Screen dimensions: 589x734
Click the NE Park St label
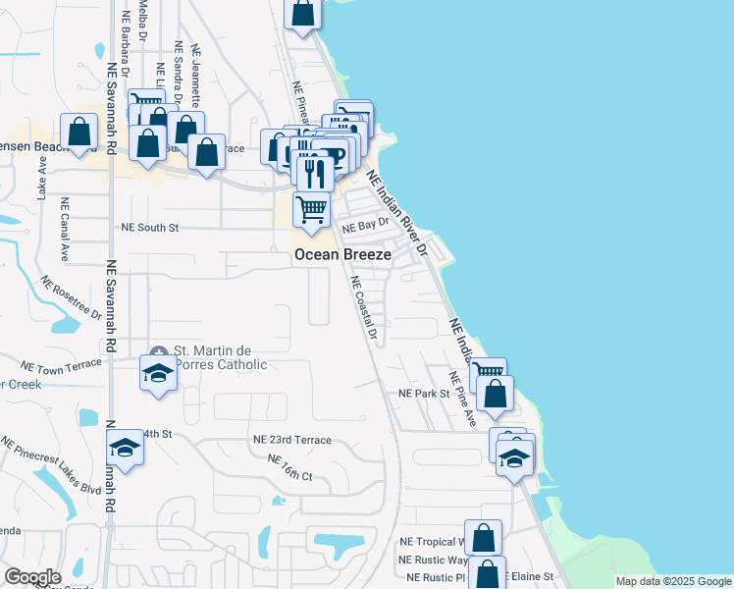coord(423,393)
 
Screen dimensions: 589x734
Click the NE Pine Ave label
coord(462,398)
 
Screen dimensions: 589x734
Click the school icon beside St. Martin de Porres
coord(158,374)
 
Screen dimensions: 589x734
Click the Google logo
coord(32,577)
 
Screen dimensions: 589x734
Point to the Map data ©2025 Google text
coord(674,582)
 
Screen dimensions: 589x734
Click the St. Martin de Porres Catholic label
coord(220,357)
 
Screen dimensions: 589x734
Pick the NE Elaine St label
coord(530,577)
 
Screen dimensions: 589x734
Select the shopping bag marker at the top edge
coord(303,14)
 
